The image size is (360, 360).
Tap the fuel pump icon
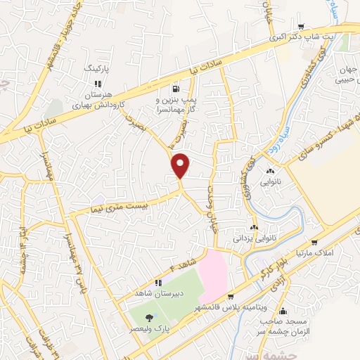[x=175, y=89]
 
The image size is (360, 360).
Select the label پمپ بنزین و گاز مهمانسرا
[x=176, y=105]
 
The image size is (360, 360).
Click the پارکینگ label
[x=98, y=70]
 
